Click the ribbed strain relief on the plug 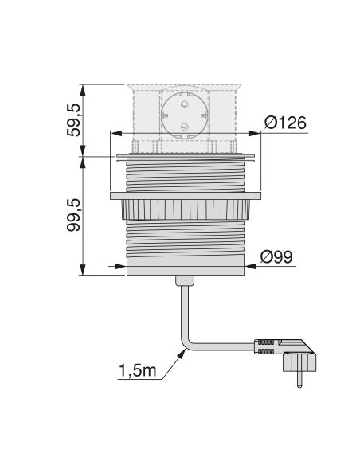(265, 348)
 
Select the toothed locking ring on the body (186, 209)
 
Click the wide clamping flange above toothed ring (186, 195)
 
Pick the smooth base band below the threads (186, 268)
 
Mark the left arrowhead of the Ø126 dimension (112, 133)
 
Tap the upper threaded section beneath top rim (186, 175)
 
